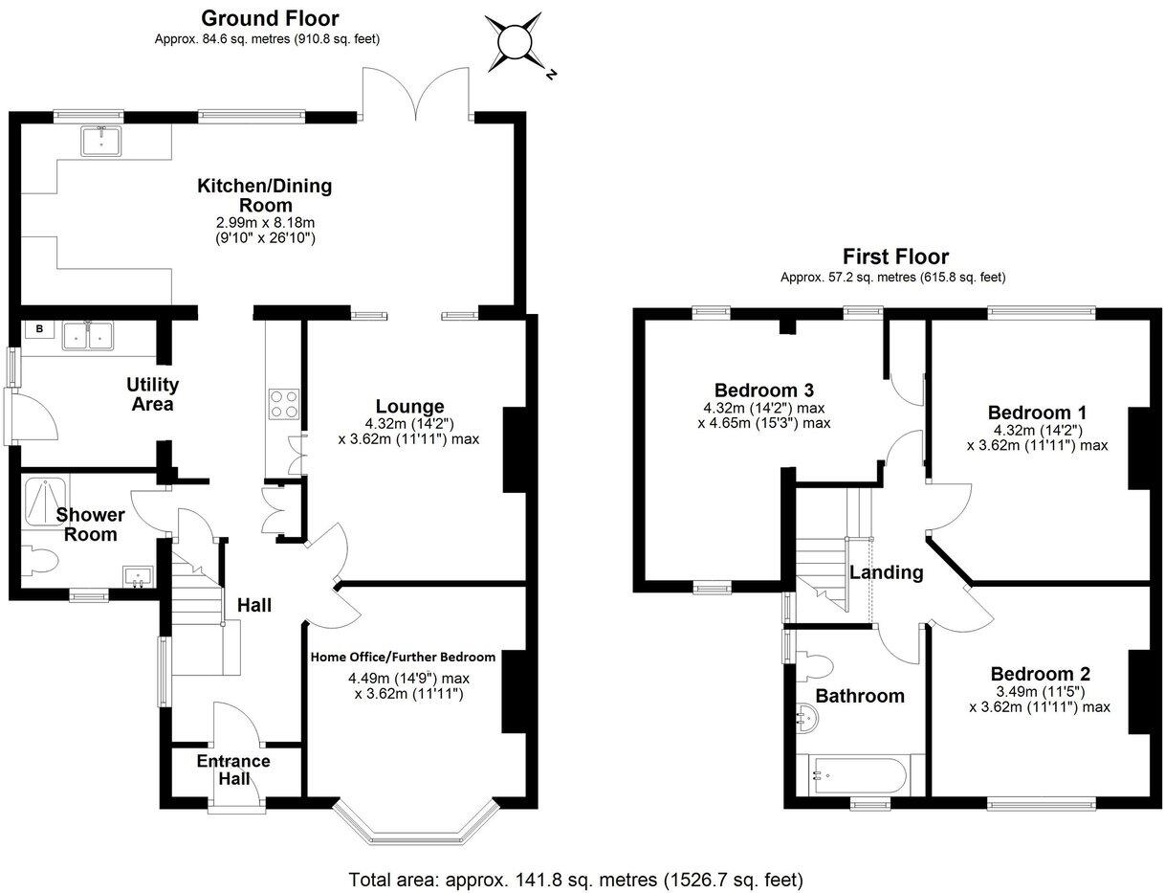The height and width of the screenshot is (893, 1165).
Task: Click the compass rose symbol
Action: (515, 43)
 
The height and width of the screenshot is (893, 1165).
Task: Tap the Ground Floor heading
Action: (270, 18)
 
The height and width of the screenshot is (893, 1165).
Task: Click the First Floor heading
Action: (895, 257)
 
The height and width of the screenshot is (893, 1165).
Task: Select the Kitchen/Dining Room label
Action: (265, 194)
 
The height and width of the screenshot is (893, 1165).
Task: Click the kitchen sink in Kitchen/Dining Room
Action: (102, 142)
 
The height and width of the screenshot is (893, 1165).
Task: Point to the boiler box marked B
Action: (40, 330)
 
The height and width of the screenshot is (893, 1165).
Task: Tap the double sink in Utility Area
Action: (87, 335)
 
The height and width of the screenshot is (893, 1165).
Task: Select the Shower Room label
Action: (91, 524)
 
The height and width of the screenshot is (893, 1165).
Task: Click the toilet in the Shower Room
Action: (41, 561)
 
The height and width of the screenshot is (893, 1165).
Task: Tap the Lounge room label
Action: (409, 406)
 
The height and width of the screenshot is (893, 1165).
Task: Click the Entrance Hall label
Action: (233, 770)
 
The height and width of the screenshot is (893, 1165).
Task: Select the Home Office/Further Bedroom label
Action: (403, 657)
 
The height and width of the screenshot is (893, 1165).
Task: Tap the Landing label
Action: (887, 572)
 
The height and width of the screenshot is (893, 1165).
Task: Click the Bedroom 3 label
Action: (764, 390)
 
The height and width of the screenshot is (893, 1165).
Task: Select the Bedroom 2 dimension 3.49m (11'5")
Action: (1040, 691)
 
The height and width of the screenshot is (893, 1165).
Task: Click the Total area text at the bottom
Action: (576, 879)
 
